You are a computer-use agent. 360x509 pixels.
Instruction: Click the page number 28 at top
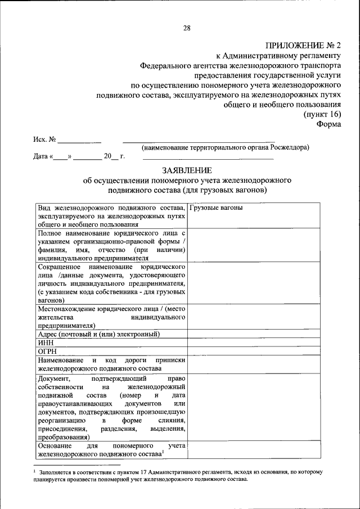[187, 28]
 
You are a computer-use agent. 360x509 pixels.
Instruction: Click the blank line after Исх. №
[80, 139]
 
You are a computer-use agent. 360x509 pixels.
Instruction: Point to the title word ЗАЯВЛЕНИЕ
[186, 170]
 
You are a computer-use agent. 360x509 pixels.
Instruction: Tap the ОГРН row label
[47, 350]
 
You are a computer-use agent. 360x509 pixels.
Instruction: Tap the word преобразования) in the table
[63, 436]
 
